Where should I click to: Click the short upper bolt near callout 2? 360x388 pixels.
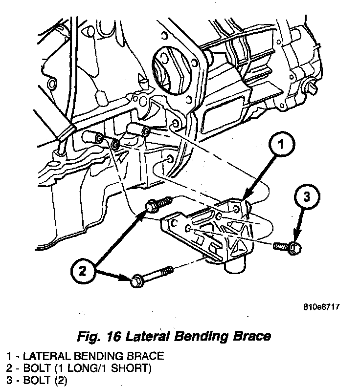(x=159, y=204)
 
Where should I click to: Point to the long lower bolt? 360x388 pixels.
(x=151, y=276)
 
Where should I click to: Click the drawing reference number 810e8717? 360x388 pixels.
(x=321, y=307)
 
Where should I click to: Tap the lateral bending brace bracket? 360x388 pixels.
(x=208, y=230)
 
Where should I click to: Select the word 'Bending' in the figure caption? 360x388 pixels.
(x=198, y=337)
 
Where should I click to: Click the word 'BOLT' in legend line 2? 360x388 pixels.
(x=32, y=367)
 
